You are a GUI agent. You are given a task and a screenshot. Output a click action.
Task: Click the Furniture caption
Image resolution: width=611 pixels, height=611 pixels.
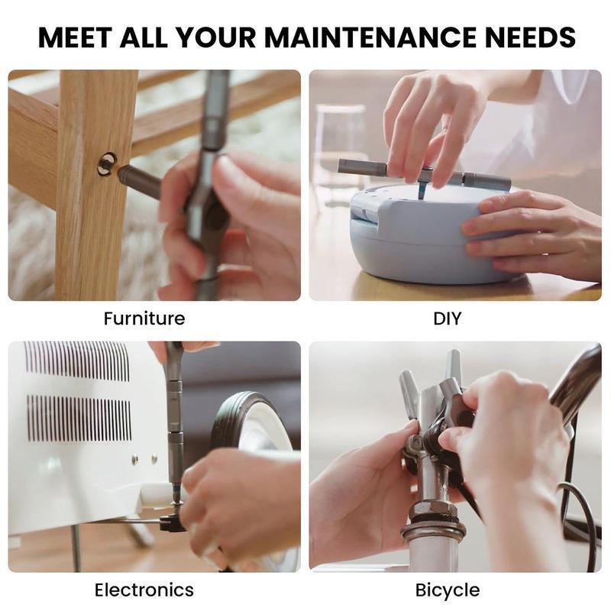(x=144, y=318)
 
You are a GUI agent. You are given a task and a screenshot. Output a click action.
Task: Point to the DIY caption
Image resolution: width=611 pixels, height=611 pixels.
(x=447, y=318)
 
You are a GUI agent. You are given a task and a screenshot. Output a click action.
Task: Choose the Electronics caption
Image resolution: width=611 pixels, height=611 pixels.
(x=144, y=590)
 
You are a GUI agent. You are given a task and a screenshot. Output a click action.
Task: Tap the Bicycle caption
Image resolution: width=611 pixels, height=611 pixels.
(x=448, y=590)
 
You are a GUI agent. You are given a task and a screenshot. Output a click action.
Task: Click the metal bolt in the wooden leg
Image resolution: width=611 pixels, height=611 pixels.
(x=106, y=163)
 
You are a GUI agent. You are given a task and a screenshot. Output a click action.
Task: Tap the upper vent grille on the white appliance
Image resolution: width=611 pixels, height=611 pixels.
(x=76, y=361)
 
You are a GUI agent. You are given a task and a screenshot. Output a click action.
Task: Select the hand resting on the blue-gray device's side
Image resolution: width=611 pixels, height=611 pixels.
(x=527, y=233)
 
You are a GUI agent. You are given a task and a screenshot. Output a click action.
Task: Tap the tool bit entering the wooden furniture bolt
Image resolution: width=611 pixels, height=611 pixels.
(x=137, y=180)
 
